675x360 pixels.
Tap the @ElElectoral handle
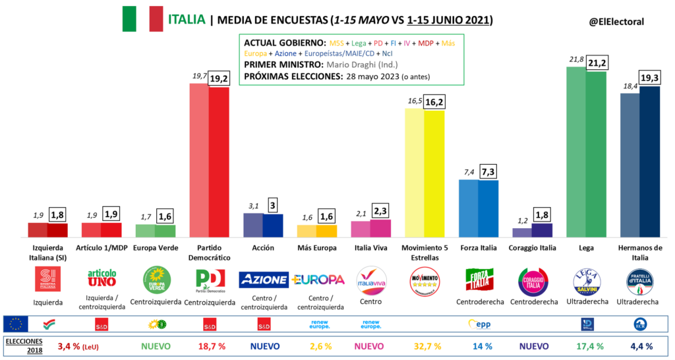pos(616,22)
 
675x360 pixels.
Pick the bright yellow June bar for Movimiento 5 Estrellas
pos(434,173)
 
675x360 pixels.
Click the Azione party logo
pos(262,280)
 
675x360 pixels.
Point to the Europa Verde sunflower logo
pos(158,280)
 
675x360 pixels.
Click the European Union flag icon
pos(15,324)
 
